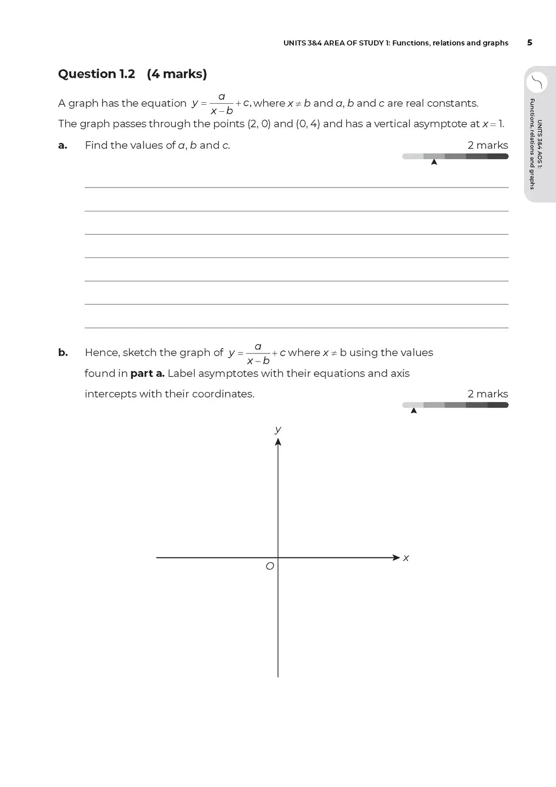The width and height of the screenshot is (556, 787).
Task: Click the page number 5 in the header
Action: [x=529, y=42]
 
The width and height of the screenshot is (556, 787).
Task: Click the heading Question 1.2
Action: [x=97, y=74]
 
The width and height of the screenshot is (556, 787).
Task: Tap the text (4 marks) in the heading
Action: [x=177, y=74]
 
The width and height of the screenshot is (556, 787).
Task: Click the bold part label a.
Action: [x=63, y=146]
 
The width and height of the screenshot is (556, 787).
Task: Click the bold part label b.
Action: [x=63, y=353]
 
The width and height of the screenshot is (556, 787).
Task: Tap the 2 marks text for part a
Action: [x=488, y=145]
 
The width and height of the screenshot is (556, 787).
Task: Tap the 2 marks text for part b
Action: [x=488, y=393]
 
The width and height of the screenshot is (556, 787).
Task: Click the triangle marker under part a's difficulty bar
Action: [x=434, y=162]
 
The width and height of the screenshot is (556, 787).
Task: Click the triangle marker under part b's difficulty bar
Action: [x=414, y=410]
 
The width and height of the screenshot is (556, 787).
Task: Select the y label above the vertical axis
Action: [x=277, y=429]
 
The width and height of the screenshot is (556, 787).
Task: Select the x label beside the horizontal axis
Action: [x=406, y=558]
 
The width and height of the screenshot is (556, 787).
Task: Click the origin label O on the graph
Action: [x=270, y=566]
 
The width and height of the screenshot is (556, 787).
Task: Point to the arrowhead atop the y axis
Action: [x=278, y=442]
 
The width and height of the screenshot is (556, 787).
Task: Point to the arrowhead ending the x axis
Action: [x=396, y=557]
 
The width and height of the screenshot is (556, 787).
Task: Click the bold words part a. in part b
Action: [x=148, y=373]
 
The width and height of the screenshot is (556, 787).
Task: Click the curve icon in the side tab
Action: [x=537, y=82]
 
